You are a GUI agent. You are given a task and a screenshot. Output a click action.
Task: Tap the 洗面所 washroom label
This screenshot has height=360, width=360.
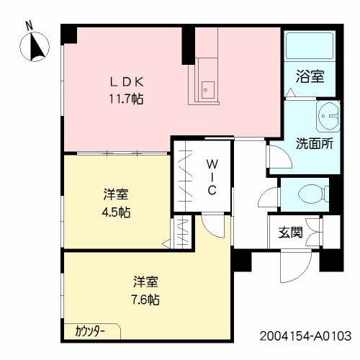(314, 143)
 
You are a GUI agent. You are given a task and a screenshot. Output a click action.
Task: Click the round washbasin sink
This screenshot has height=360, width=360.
(328, 114)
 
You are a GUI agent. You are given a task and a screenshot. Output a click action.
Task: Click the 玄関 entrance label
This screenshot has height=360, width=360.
(292, 232)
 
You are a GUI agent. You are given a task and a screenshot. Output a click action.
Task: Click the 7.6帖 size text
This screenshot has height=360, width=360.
(145, 298)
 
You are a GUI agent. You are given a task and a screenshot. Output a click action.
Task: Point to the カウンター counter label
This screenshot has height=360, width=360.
(91, 331)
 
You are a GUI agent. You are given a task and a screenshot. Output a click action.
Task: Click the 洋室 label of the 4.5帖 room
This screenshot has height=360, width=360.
(116, 194)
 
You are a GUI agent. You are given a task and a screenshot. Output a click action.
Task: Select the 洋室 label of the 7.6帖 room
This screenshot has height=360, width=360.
(145, 282)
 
